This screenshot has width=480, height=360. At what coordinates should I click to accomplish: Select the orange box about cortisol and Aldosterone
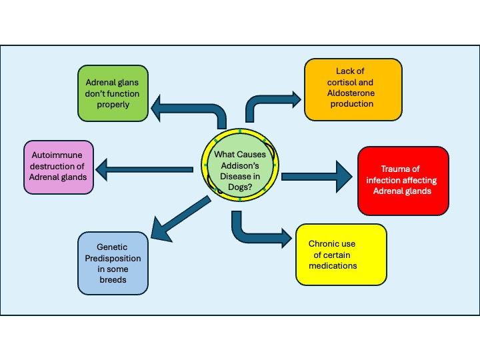[x=353, y=89]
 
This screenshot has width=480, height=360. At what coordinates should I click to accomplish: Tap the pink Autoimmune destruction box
[x=58, y=167]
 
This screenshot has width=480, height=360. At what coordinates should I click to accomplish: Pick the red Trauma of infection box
[x=403, y=181]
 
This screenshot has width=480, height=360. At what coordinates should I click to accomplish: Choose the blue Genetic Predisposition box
[x=112, y=263]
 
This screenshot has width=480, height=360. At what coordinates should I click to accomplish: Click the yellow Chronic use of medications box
[x=341, y=255]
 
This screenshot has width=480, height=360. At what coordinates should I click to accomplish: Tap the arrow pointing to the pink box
[x=147, y=169]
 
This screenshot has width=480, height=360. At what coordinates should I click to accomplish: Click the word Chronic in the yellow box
[x=325, y=245]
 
